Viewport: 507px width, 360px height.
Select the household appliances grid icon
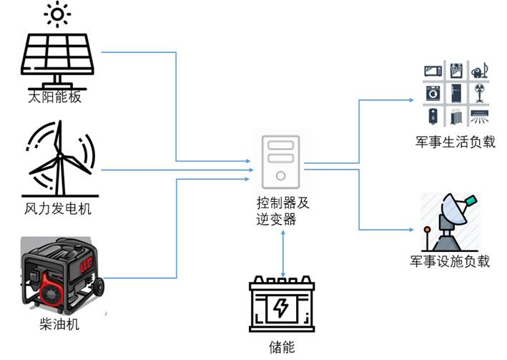458,93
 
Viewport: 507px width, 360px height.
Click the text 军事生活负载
459,141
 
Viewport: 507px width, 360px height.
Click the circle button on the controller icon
281,174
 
